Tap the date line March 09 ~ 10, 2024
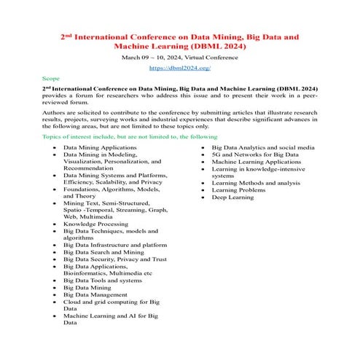[150, 56]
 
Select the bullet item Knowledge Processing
[95, 224]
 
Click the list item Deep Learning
[233, 197]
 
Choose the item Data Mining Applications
[99, 147]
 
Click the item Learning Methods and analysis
[255, 182]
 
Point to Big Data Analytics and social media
[263, 147]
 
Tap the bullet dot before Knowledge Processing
[55, 224]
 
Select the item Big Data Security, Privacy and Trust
[114, 259]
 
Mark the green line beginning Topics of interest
[130, 137]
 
